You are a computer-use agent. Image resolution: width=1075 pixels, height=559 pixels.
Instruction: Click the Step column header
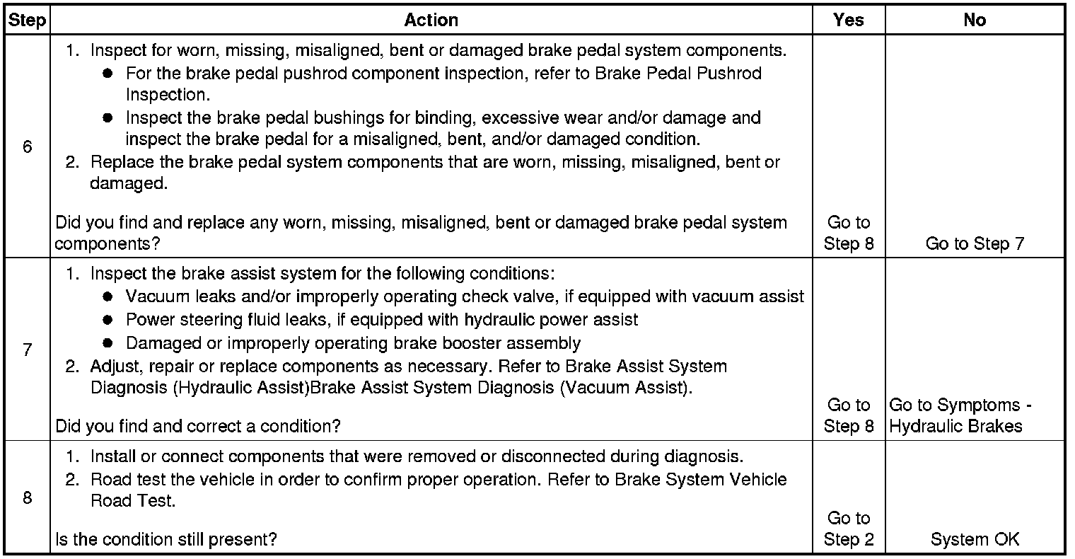27,21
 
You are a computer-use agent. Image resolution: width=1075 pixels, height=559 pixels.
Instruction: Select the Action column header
431,21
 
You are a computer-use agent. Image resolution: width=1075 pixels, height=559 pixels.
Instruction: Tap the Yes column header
848,21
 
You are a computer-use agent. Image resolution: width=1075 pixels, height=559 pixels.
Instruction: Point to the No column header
974,21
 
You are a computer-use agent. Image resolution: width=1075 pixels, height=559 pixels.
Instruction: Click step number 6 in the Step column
27,147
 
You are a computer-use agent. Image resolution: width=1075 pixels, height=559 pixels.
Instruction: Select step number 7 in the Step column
27,350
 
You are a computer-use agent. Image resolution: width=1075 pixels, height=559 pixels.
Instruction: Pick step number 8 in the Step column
27,497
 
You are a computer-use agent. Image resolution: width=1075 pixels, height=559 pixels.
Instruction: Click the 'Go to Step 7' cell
974,243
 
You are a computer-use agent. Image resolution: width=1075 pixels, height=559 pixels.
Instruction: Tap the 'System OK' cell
974,539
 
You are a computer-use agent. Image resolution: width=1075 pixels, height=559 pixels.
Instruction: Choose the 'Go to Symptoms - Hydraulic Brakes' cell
960,415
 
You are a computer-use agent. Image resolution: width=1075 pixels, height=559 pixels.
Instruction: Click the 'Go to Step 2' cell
849,529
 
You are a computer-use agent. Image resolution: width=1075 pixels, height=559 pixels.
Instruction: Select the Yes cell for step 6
849,233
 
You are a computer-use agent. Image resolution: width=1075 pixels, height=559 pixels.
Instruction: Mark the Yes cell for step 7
849,415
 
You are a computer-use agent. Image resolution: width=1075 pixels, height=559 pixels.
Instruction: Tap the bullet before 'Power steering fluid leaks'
107,321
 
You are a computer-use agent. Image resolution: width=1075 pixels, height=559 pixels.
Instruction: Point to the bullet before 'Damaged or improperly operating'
107,344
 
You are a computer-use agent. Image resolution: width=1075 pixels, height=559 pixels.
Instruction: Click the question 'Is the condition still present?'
165,539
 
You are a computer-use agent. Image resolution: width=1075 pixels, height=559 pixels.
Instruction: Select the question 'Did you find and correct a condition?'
197,427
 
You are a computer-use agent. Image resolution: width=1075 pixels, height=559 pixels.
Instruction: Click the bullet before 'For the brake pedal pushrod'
107,74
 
